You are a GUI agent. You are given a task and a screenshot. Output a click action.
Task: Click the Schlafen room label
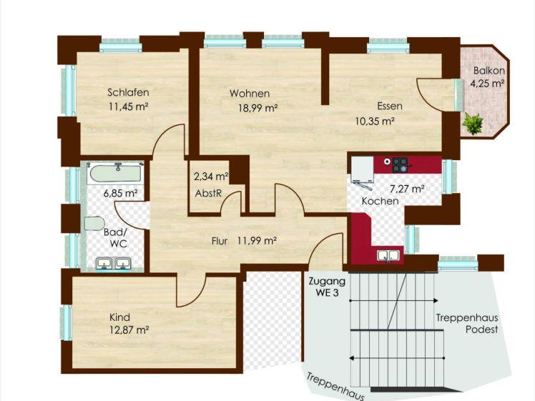pyautogui.click(x=128, y=92)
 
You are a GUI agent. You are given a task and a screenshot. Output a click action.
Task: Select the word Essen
pyautogui.click(x=390, y=106)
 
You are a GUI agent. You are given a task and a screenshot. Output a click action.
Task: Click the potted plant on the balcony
pyautogui.click(x=472, y=124)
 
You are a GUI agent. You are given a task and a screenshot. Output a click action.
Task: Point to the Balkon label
pyautogui.click(x=489, y=71)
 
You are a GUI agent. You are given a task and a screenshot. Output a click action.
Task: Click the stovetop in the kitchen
pyautogui.click(x=400, y=165)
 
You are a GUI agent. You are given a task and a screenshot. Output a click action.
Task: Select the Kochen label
pyautogui.click(x=380, y=202)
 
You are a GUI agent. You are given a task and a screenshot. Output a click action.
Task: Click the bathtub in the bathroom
pyautogui.click(x=116, y=173)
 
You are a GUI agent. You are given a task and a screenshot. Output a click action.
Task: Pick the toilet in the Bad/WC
pyautogui.click(x=94, y=223)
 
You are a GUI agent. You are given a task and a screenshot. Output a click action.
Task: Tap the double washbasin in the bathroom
pyautogui.click(x=114, y=264)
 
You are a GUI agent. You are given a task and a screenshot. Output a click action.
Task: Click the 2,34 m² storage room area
pyautogui.click(x=211, y=176)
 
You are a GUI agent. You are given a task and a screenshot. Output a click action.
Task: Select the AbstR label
pyautogui.click(x=209, y=194)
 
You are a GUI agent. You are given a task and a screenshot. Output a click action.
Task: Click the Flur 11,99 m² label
pyautogui.click(x=244, y=241)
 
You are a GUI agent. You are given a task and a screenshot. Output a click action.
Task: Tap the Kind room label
pyautogui.click(x=119, y=317)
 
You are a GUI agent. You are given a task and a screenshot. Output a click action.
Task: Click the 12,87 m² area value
pyautogui.click(x=129, y=330)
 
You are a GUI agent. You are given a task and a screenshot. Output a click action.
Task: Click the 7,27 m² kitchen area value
pyautogui.click(x=407, y=189)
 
